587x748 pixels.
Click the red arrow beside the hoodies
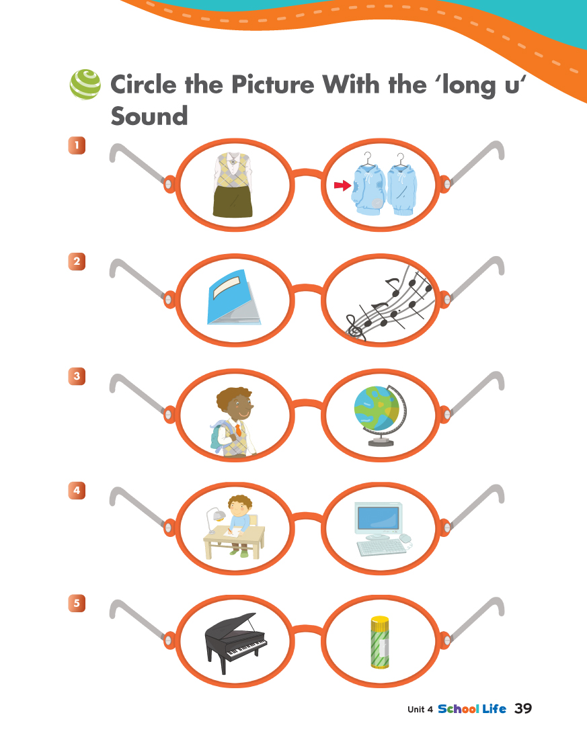click(342, 185)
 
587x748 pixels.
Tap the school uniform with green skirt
click(233, 185)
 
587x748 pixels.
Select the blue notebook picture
click(234, 297)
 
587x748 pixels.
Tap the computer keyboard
click(382, 547)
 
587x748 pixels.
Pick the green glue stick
click(380, 642)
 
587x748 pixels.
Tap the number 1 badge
click(77, 145)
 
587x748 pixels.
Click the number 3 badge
click(77, 376)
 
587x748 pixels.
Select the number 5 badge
click(77, 603)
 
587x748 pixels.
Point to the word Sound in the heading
click(149, 116)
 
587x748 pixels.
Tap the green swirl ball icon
click(85, 85)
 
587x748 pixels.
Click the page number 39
click(523, 708)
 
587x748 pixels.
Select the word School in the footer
click(458, 709)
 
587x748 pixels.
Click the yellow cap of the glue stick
click(380, 622)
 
